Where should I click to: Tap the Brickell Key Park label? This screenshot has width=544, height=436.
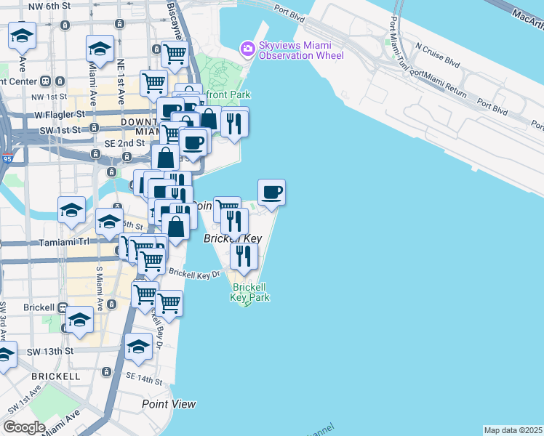coord(250,292)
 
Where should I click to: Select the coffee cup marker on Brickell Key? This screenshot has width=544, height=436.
coord(271,193)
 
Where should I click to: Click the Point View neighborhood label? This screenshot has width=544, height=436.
coord(169,404)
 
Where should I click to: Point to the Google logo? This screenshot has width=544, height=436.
coord(24,427)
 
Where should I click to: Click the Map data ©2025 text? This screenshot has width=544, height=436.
coord(513,430)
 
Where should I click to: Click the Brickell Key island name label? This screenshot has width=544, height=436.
coord(232,238)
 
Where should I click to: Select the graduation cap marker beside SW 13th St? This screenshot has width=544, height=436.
coord(138,346)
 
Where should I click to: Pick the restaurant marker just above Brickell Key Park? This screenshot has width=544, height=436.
coord(244,255)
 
